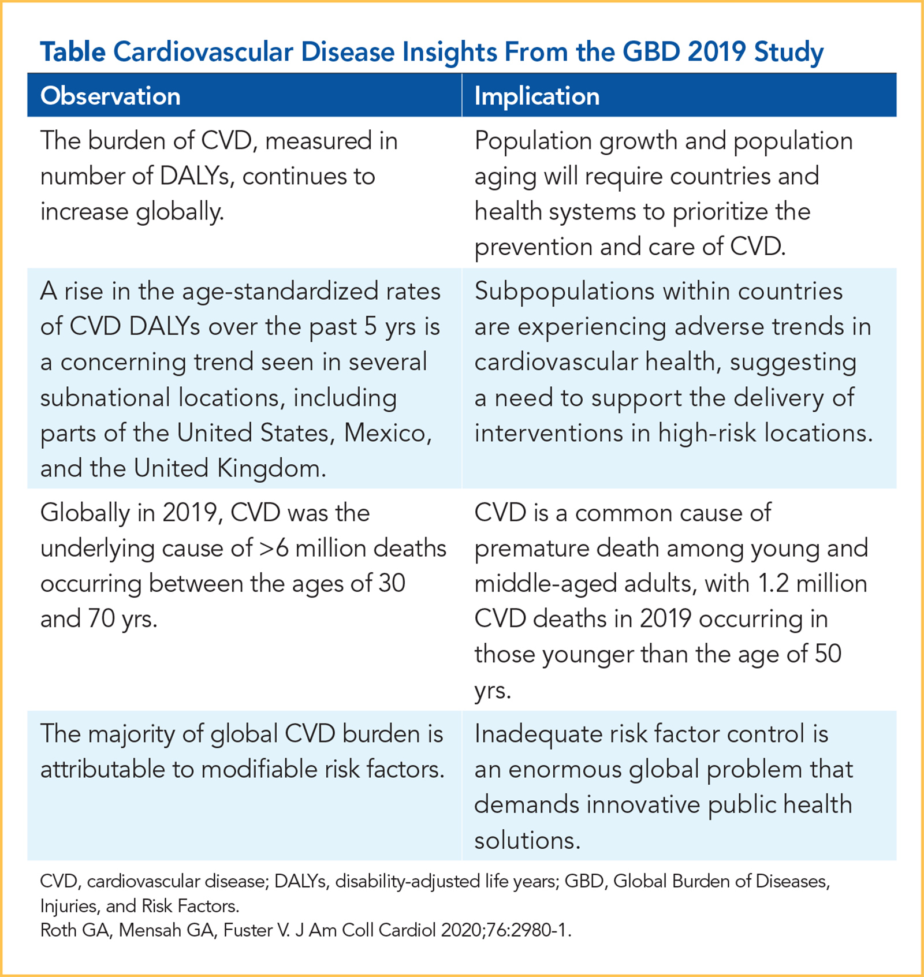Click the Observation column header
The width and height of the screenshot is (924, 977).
(x=110, y=96)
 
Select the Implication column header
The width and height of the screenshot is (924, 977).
(x=536, y=96)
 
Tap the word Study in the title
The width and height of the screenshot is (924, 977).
(x=788, y=53)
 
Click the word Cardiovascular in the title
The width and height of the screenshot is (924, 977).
(x=203, y=52)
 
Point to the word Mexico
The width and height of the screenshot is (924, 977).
(x=388, y=433)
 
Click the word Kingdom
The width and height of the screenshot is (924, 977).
(x=271, y=468)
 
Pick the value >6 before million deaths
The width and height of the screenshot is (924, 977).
(x=274, y=548)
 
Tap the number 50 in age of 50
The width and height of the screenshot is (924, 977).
(x=828, y=654)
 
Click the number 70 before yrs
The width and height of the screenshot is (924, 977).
(x=101, y=619)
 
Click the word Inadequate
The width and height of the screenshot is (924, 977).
(x=537, y=734)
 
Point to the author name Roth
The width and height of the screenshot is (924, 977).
(x=58, y=931)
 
